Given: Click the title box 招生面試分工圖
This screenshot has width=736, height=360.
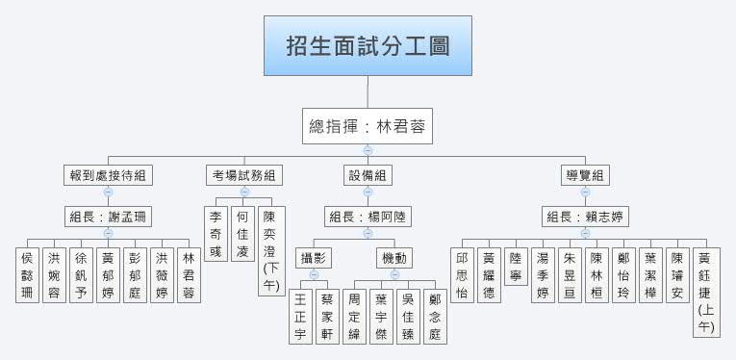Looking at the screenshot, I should [368, 46].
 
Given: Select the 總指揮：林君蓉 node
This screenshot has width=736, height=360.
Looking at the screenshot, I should [368, 126].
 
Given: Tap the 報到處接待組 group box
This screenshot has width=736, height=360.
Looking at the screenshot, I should [108, 175].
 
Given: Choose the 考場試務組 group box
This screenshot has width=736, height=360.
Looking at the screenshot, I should [244, 175].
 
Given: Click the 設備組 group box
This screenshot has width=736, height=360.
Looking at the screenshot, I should [368, 175].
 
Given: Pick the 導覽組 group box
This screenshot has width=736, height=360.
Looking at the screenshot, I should [585, 175].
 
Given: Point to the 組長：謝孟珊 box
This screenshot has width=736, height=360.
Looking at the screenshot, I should [108, 217].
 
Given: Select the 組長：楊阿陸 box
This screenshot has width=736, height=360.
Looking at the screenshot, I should [368, 217].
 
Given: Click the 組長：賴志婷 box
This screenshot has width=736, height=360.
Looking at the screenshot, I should [585, 217].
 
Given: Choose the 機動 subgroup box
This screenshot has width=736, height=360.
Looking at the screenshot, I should [394, 257].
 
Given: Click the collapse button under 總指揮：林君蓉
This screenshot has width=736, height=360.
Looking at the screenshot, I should [368, 149].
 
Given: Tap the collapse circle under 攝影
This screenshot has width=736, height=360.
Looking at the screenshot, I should [315, 274].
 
